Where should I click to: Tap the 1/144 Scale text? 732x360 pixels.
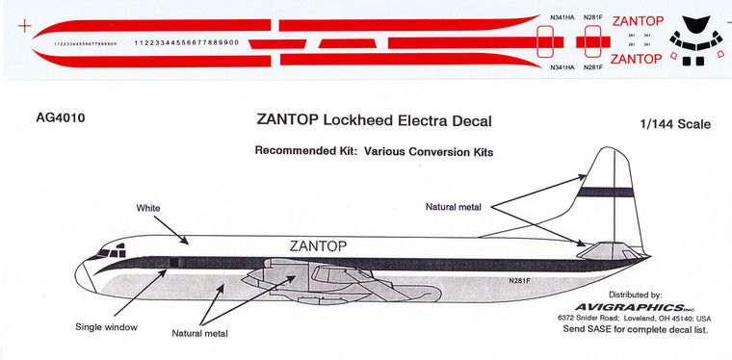coord(673,124)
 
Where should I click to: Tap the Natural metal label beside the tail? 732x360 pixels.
coord(461,206)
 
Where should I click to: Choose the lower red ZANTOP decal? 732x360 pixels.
coord(637,60)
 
